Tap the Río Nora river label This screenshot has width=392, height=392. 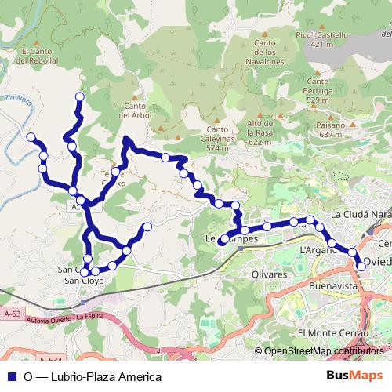pos(16,100)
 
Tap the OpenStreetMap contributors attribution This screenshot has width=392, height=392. pos(323,352)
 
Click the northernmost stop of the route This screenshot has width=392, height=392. pos(79,96)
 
